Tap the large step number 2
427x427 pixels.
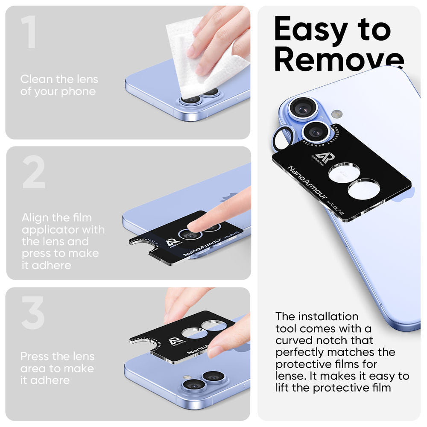(33, 173)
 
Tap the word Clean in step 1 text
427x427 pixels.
(37, 79)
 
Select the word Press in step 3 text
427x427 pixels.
(35, 356)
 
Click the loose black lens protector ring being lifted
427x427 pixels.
(283, 138)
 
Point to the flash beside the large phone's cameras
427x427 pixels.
(337, 114)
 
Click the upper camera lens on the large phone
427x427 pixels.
(304, 109)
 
